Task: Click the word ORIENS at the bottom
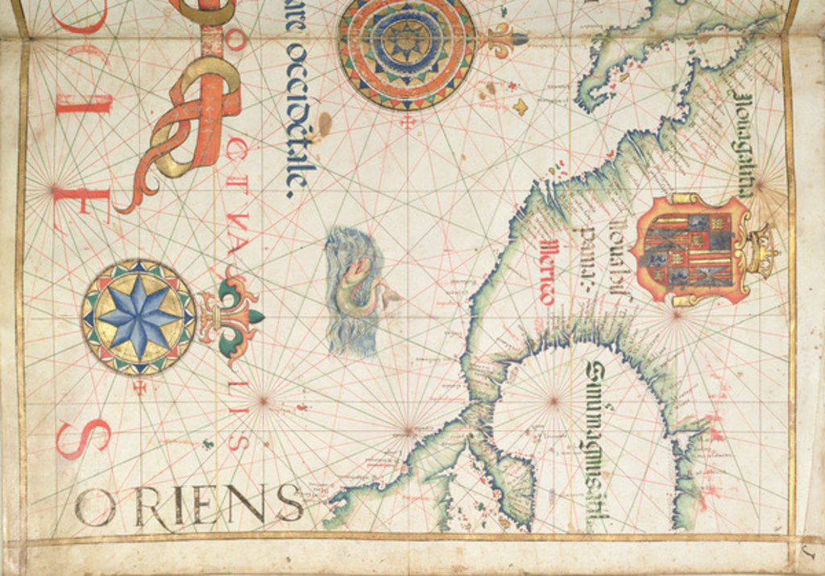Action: point(189,506)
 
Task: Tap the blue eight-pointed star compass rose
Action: point(139,317)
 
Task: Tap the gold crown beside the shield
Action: point(761,250)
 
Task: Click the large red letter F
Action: point(89,205)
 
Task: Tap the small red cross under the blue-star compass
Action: point(140,387)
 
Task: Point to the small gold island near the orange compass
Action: point(520,106)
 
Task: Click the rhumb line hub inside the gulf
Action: point(553,400)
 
